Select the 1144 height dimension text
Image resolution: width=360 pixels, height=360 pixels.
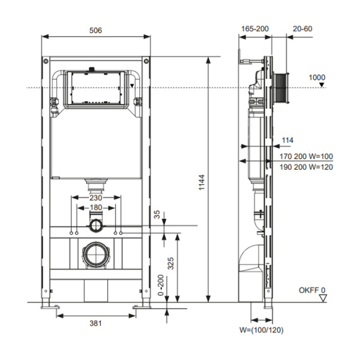[202, 179]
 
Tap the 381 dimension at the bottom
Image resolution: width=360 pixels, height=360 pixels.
[96, 323]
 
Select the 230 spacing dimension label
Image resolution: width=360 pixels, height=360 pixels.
[96, 197]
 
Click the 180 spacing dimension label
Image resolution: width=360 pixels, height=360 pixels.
[96, 208]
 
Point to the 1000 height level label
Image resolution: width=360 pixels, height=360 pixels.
[316, 77]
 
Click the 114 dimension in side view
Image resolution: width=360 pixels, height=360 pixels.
[287, 140]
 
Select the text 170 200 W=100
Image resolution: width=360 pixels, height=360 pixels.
[306, 156]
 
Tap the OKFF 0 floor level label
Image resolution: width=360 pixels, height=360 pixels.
[311, 290]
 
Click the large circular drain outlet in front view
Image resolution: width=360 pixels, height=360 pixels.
[96, 254]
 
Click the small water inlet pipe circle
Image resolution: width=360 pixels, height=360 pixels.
[96, 225]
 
